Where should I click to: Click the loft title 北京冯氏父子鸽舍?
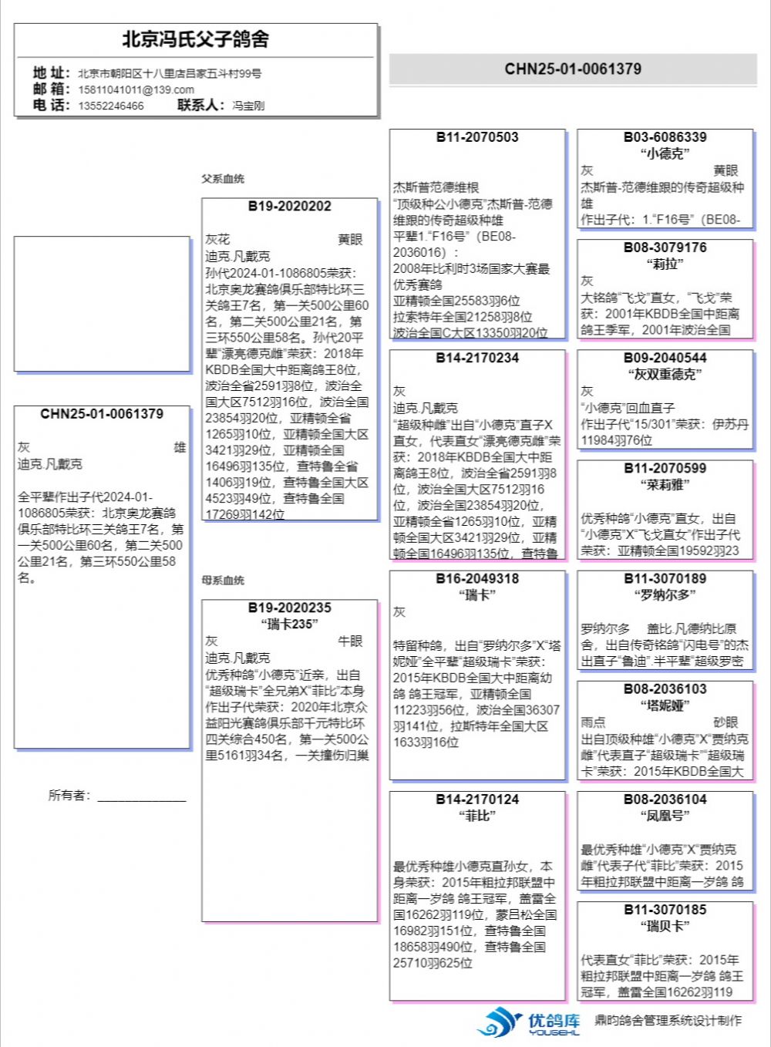[195, 39]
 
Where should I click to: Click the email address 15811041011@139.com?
[136, 89]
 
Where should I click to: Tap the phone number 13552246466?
[110, 106]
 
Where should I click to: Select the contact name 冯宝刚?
[248, 106]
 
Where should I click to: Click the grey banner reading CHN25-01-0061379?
[573, 69]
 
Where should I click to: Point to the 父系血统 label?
[223, 179]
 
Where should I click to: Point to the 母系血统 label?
[223, 581]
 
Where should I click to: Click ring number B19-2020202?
[290, 207]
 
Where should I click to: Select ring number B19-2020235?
[290, 608]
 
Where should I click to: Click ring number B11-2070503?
[477, 138]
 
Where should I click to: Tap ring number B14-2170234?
[477, 359]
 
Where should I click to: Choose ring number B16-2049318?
[477, 579]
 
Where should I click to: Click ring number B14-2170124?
[477, 800]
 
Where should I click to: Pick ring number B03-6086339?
[665, 138]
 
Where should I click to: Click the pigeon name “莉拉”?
[665, 264]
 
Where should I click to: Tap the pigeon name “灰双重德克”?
[665, 375]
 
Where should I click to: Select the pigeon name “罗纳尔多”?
[665, 595]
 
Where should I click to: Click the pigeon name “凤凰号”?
[665, 816]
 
